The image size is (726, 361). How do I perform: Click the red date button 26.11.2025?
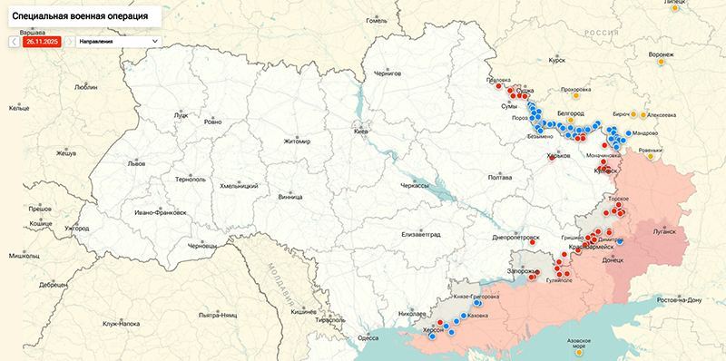[43, 42]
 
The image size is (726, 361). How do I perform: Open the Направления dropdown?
[118, 42]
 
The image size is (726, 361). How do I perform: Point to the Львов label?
[135, 164]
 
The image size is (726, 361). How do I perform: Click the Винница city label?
[290, 196]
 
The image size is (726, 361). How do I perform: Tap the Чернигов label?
[388, 73]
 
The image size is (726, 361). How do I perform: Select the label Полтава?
[500, 178]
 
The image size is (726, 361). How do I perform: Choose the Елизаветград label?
[420, 234]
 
